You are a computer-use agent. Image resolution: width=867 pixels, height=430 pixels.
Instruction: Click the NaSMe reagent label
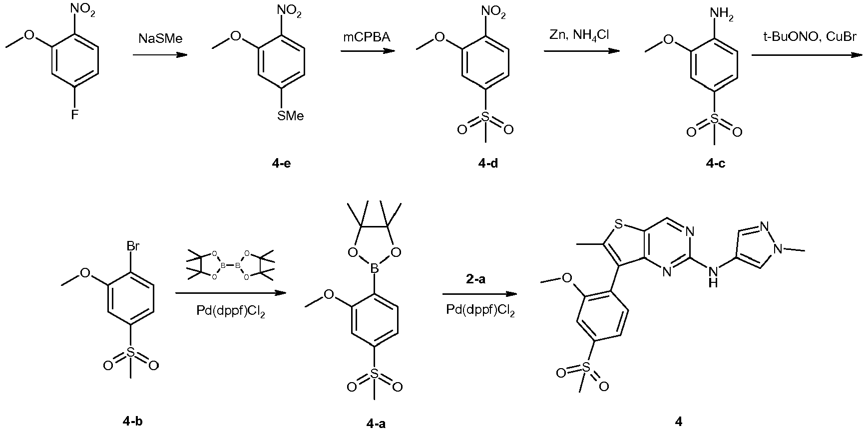coord(160,38)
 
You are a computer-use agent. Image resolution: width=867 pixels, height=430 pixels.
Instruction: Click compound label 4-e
coord(281,164)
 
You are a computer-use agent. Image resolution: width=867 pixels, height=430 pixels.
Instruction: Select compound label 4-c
coord(716,164)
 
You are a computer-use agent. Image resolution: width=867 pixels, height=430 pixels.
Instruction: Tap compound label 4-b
coord(132,422)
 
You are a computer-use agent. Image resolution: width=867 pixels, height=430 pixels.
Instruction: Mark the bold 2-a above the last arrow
coord(475,279)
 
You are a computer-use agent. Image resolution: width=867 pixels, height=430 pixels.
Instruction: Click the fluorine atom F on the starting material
coord(75,115)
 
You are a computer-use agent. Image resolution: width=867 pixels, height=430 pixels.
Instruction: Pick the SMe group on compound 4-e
coord(291,116)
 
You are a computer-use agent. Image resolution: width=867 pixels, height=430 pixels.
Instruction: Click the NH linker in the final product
coord(713,276)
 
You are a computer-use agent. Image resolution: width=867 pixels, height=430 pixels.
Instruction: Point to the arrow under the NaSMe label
coord(160,55)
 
